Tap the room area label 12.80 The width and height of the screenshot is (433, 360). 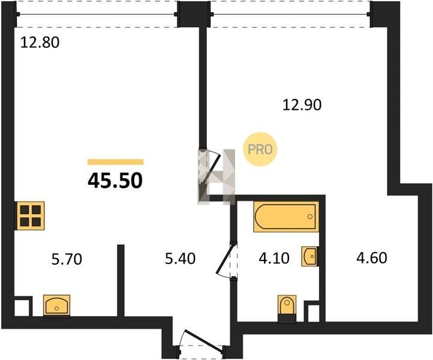[40, 43]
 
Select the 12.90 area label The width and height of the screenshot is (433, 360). [302, 105]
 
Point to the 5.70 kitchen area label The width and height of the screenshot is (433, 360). [67, 259]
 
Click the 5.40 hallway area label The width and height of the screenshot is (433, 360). [180, 259]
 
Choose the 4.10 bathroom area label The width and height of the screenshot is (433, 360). [274, 259]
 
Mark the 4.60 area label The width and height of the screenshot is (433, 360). [372, 258]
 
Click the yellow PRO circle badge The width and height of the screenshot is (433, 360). [260, 149]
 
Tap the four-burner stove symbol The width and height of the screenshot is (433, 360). [31, 216]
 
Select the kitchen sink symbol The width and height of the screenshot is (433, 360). [56, 305]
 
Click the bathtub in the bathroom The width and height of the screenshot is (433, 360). [286, 217]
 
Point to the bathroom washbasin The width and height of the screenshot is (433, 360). [310, 256]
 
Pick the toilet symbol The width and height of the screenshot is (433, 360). [287, 308]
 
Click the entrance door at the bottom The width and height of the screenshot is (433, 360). [203, 342]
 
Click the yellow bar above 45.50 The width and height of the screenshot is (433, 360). [115, 162]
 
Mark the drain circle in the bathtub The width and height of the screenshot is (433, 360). [311, 217]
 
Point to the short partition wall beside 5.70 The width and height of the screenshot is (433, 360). [121, 280]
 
